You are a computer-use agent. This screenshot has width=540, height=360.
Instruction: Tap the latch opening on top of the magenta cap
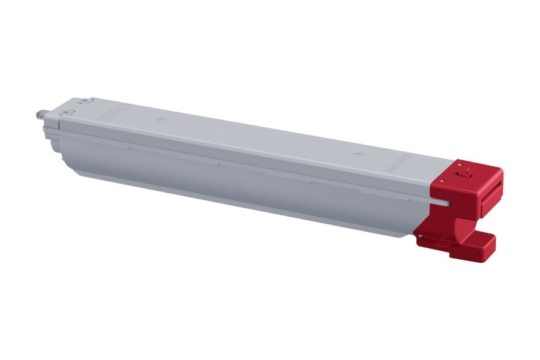coord(463,175)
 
